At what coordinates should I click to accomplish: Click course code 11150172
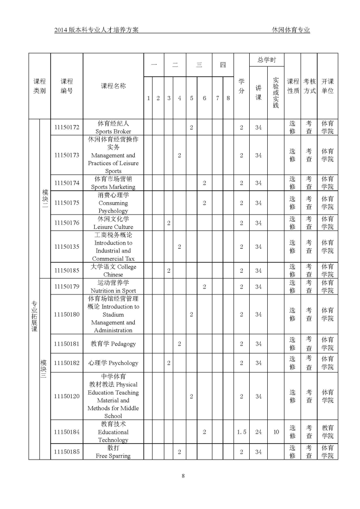[x=66, y=127]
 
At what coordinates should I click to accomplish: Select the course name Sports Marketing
[x=113, y=183]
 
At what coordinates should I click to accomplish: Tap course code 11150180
[x=66, y=314]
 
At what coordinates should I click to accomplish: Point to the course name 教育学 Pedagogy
[x=113, y=344]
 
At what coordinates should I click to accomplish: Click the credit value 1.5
[x=241, y=432]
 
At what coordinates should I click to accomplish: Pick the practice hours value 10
[x=276, y=432]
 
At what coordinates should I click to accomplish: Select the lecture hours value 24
[x=258, y=432]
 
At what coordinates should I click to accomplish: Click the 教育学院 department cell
[x=327, y=432]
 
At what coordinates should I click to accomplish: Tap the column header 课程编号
[x=66, y=86]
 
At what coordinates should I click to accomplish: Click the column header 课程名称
[x=113, y=86]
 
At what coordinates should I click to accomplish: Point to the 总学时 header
[x=266, y=60]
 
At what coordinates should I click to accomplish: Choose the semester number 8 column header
[x=228, y=98]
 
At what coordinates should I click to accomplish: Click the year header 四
[x=222, y=65]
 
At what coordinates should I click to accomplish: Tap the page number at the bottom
[x=183, y=476]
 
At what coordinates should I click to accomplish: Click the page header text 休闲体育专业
[x=291, y=30]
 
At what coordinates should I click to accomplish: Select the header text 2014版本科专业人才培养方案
[x=96, y=30]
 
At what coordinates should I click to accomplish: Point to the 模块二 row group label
[x=45, y=198]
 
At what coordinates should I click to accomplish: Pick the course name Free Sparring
[x=113, y=452]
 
